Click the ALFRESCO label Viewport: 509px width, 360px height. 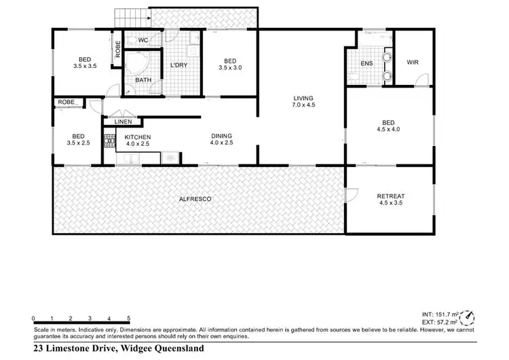(195, 199)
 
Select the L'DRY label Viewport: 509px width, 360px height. (178, 65)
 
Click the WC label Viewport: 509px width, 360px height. (143, 41)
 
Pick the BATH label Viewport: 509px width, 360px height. (143, 80)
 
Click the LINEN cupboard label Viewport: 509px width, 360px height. (123, 122)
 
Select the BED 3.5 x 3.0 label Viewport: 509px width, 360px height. (230, 64)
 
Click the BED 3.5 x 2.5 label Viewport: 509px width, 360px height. (78, 139)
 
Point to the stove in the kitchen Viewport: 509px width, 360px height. (109, 141)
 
